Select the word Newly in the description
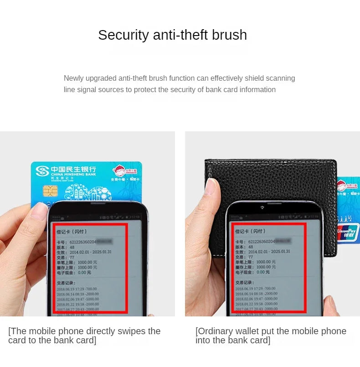[x=74, y=78]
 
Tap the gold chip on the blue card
[x=50, y=191]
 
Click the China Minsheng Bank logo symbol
[x=42, y=171]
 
